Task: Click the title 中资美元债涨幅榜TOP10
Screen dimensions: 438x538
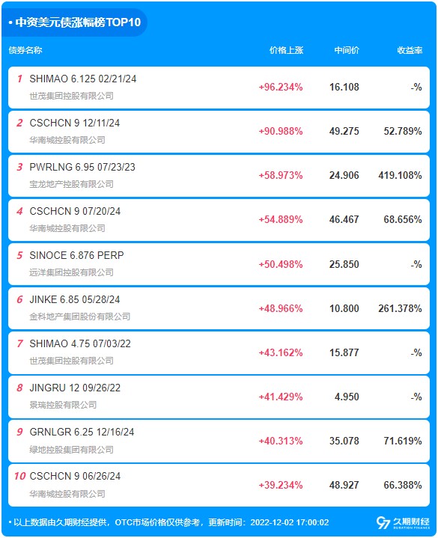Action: pyautogui.click(x=78, y=22)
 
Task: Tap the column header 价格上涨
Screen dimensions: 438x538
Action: pyautogui.click(x=286, y=50)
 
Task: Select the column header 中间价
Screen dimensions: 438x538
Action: pyautogui.click(x=347, y=50)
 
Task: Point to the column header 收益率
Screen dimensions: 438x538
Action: pyautogui.click(x=410, y=50)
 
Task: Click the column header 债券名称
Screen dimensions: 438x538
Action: pyautogui.click(x=25, y=50)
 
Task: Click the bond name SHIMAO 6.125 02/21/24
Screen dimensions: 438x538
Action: pyautogui.click(x=83, y=79)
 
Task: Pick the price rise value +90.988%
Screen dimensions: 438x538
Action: pyautogui.click(x=281, y=131)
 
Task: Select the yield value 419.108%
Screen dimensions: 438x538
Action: pyautogui.click(x=400, y=175)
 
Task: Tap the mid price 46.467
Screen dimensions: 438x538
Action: pyautogui.click(x=344, y=219)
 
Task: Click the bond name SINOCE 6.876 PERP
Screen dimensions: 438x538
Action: pyautogui.click(x=76, y=255)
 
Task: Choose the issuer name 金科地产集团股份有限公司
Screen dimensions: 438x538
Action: pyautogui.click(x=80, y=317)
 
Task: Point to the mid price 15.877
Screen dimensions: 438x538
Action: pyautogui.click(x=344, y=352)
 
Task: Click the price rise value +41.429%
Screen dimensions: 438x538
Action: pyautogui.click(x=281, y=397)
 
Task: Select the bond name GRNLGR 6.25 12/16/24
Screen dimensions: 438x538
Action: pyautogui.click(x=82, y=432)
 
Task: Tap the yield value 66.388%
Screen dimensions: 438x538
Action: pyautogui.click(x=403, y=485)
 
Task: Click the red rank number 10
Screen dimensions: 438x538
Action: pyautogui.click(x=19, y=476)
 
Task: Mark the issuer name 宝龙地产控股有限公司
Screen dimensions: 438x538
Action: pyautogui.click(x=71, y=184)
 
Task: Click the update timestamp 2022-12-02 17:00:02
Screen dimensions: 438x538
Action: pyautogui.click(x=289, y=522)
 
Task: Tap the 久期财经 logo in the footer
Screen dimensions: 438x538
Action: pyautogui.click(x=403, y=522)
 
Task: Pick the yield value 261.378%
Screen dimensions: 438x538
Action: pyautogui.click(x=400, y=308)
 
